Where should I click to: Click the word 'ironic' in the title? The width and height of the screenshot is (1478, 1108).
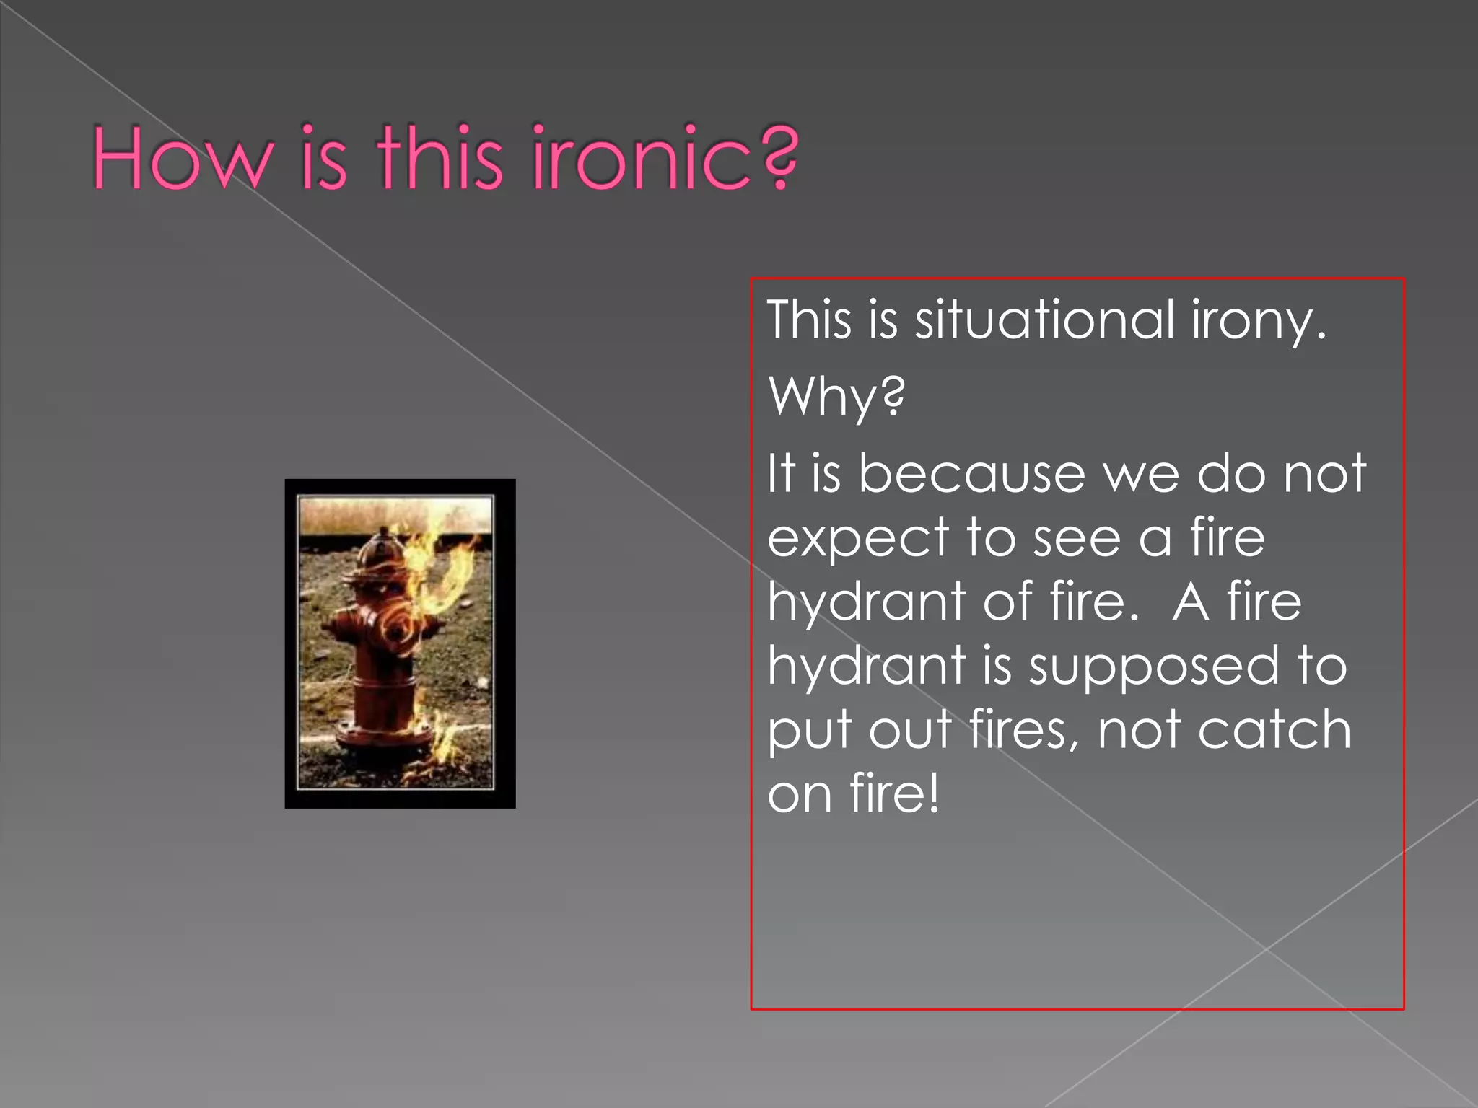(642, 159)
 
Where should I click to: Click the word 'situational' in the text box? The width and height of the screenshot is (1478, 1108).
(1045, 320)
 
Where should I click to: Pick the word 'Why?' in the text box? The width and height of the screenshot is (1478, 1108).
(836, 397)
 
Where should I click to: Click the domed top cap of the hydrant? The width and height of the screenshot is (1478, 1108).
(380, 551)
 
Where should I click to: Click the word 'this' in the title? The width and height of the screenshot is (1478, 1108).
(440, 159)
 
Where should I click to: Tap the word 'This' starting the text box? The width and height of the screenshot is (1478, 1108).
(809, 320)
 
